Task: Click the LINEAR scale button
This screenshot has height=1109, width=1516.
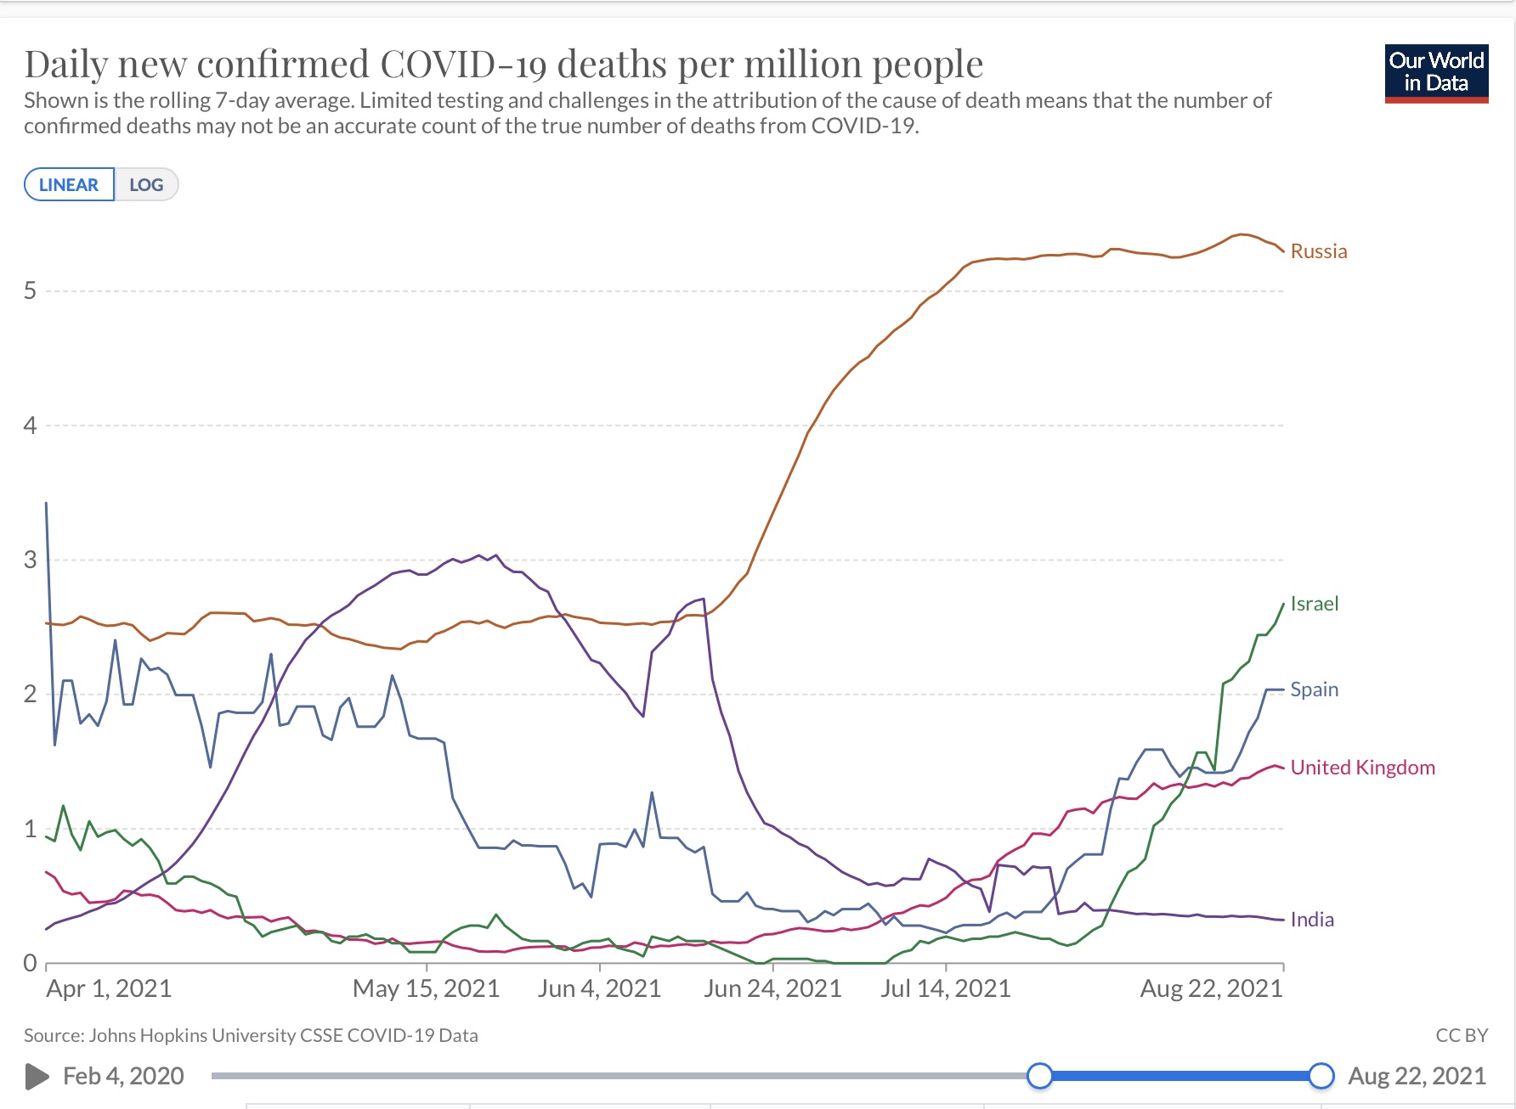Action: [x=69, y=184]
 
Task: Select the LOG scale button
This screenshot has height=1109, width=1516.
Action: [x=146, y=184]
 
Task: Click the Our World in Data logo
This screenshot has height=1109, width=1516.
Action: [x=1436, y=73]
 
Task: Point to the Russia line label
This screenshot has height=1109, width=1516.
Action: [x=1318, y=251]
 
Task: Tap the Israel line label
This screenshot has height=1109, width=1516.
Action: [x=1314, y=604]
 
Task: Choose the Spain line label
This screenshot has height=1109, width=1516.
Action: [x=1314, y=690]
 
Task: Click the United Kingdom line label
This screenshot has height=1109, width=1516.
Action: [x=1362, y=768]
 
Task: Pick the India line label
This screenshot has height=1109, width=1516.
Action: [x=1311, y=920]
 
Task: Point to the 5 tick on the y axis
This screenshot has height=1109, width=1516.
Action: [x=31, y=291]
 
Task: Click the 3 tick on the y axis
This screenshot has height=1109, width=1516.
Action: [x=31, y=560]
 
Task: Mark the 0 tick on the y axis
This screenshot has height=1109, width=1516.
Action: [x=31, y=963]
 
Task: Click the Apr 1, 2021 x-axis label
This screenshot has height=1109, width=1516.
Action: [x=109, y=988]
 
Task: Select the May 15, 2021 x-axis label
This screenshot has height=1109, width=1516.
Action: [x=426, y=988]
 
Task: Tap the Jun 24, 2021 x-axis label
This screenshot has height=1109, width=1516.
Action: [x=772, y=988]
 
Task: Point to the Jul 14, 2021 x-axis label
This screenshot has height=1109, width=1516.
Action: [x=946, y=988]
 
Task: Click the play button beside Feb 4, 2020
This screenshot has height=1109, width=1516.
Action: [x=37, y=1077]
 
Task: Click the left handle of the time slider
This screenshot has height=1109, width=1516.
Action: [x=1039, y=1076]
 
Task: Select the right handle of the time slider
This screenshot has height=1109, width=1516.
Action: [x=1321, y=1076]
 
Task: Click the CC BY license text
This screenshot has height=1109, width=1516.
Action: [x=1462, y=1035]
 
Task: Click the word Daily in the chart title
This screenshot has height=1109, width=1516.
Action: [x=66, y=65]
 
